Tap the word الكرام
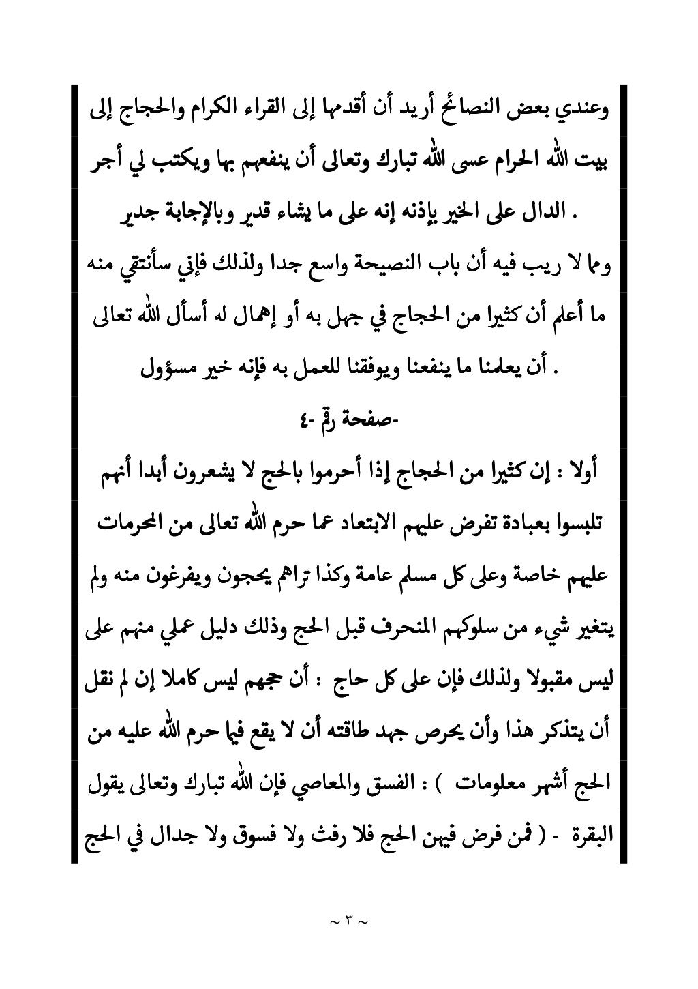pos(204,108)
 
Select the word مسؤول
pos(168,370)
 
